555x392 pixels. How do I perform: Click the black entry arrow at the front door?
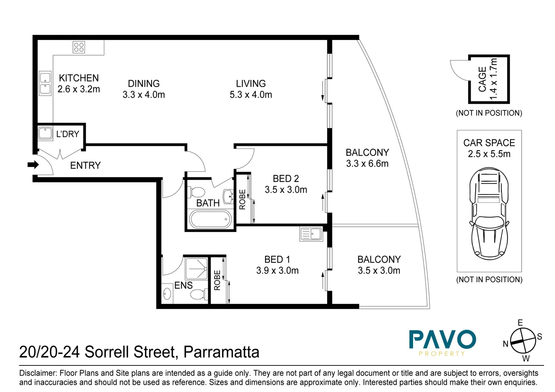[x=33, y=165]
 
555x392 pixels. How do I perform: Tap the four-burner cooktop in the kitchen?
[x=79, y=47]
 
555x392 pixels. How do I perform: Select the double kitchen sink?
[x=45, y=83]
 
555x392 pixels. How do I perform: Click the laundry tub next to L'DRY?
[x=45, y=133]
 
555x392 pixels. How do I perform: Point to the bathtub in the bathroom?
[x=210, y=219]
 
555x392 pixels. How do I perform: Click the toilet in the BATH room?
[x=198, y=192]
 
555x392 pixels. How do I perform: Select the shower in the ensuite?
[x=196, y=268]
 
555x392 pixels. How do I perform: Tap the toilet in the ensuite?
[x=198, y=294]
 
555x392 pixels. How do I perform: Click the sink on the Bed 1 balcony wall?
[x=311, y=234]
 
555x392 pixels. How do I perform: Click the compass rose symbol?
[x=523, y=341]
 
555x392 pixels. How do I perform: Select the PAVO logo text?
[x=442, y=340]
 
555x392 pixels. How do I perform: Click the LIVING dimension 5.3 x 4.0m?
[x=251, y=95]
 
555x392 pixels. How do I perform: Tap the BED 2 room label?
[x=286, y=179]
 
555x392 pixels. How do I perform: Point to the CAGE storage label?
[x=482, y=79]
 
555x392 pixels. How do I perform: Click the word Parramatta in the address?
[x=221, y=352]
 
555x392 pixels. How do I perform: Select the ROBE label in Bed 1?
[x=217, y=280]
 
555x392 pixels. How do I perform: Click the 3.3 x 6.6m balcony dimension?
[x=367, y=164]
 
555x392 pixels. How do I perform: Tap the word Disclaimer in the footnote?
[x=38, y=373]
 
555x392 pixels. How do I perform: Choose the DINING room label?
[x=144, y=83]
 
